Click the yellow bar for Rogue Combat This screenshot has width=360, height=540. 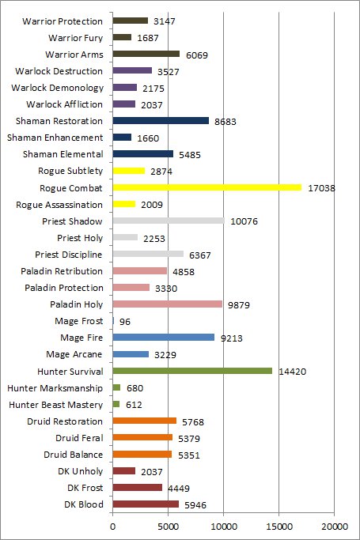(207, 187)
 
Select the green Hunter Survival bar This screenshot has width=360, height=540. (192, 371)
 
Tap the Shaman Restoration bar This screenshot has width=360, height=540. (161, 120)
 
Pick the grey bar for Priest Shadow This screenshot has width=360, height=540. (169, 221)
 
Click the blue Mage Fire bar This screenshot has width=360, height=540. (163, 338)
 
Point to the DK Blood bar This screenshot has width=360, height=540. (146, 504)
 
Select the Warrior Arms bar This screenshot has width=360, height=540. (146, 54)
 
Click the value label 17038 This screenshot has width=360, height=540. (321, 188)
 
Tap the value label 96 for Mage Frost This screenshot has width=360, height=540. (125, 322)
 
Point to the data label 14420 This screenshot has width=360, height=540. (292, 372)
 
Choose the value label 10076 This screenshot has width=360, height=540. (244, 221)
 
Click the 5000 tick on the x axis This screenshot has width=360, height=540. (168, 527)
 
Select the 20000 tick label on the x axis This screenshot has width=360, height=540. (334, 527)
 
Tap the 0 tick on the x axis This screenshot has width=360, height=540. (112, 527)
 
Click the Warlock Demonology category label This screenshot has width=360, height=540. (57, 88)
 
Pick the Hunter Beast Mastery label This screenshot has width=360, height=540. (56, 405)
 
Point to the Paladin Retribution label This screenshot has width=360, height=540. (62, 271)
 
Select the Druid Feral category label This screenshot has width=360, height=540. (79, 438)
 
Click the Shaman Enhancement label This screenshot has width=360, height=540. (55, 138)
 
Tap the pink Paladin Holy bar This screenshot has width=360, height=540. (168, 304)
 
